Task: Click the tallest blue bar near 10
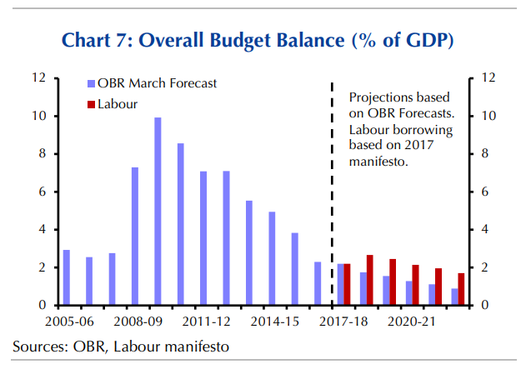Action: point(158,212)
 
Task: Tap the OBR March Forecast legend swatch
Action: point(90,83)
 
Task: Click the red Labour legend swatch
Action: point(90,104)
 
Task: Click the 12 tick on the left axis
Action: point(39,78)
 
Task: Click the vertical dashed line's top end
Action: point(333,82)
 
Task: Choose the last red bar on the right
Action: point(461,289)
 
